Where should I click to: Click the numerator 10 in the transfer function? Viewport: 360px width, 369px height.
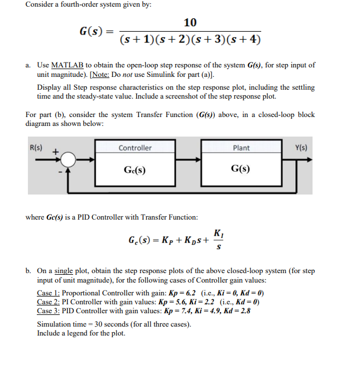pyautogui.click(x=190, y=22)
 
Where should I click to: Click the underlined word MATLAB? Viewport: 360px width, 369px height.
pyautogui.click(x=64, y=65)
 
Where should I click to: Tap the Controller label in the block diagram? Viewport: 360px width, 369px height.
pyautogui.click(x=135, y=148)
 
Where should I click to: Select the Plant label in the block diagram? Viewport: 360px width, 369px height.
pyautogui.click(x=241, y=148)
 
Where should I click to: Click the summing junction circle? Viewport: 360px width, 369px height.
pyautogui.click(x=68, y=160)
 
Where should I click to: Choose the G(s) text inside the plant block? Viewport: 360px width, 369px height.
pyautogui.click(x=241, y=169)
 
